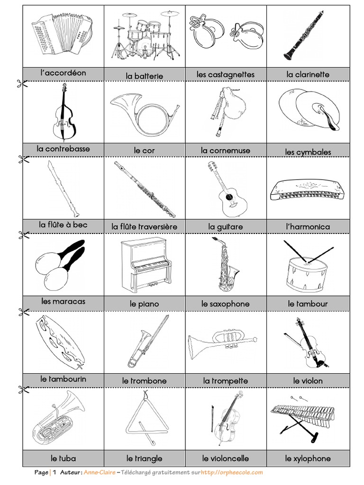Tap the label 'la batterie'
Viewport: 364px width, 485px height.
[145, 76]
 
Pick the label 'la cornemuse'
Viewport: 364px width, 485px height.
[226, 150]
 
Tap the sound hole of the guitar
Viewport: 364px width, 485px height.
[229, 197]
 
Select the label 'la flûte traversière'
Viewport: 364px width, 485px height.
[145, 226]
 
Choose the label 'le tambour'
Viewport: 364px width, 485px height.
[308, 303]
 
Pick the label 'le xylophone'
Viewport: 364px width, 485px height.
[308, 458]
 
